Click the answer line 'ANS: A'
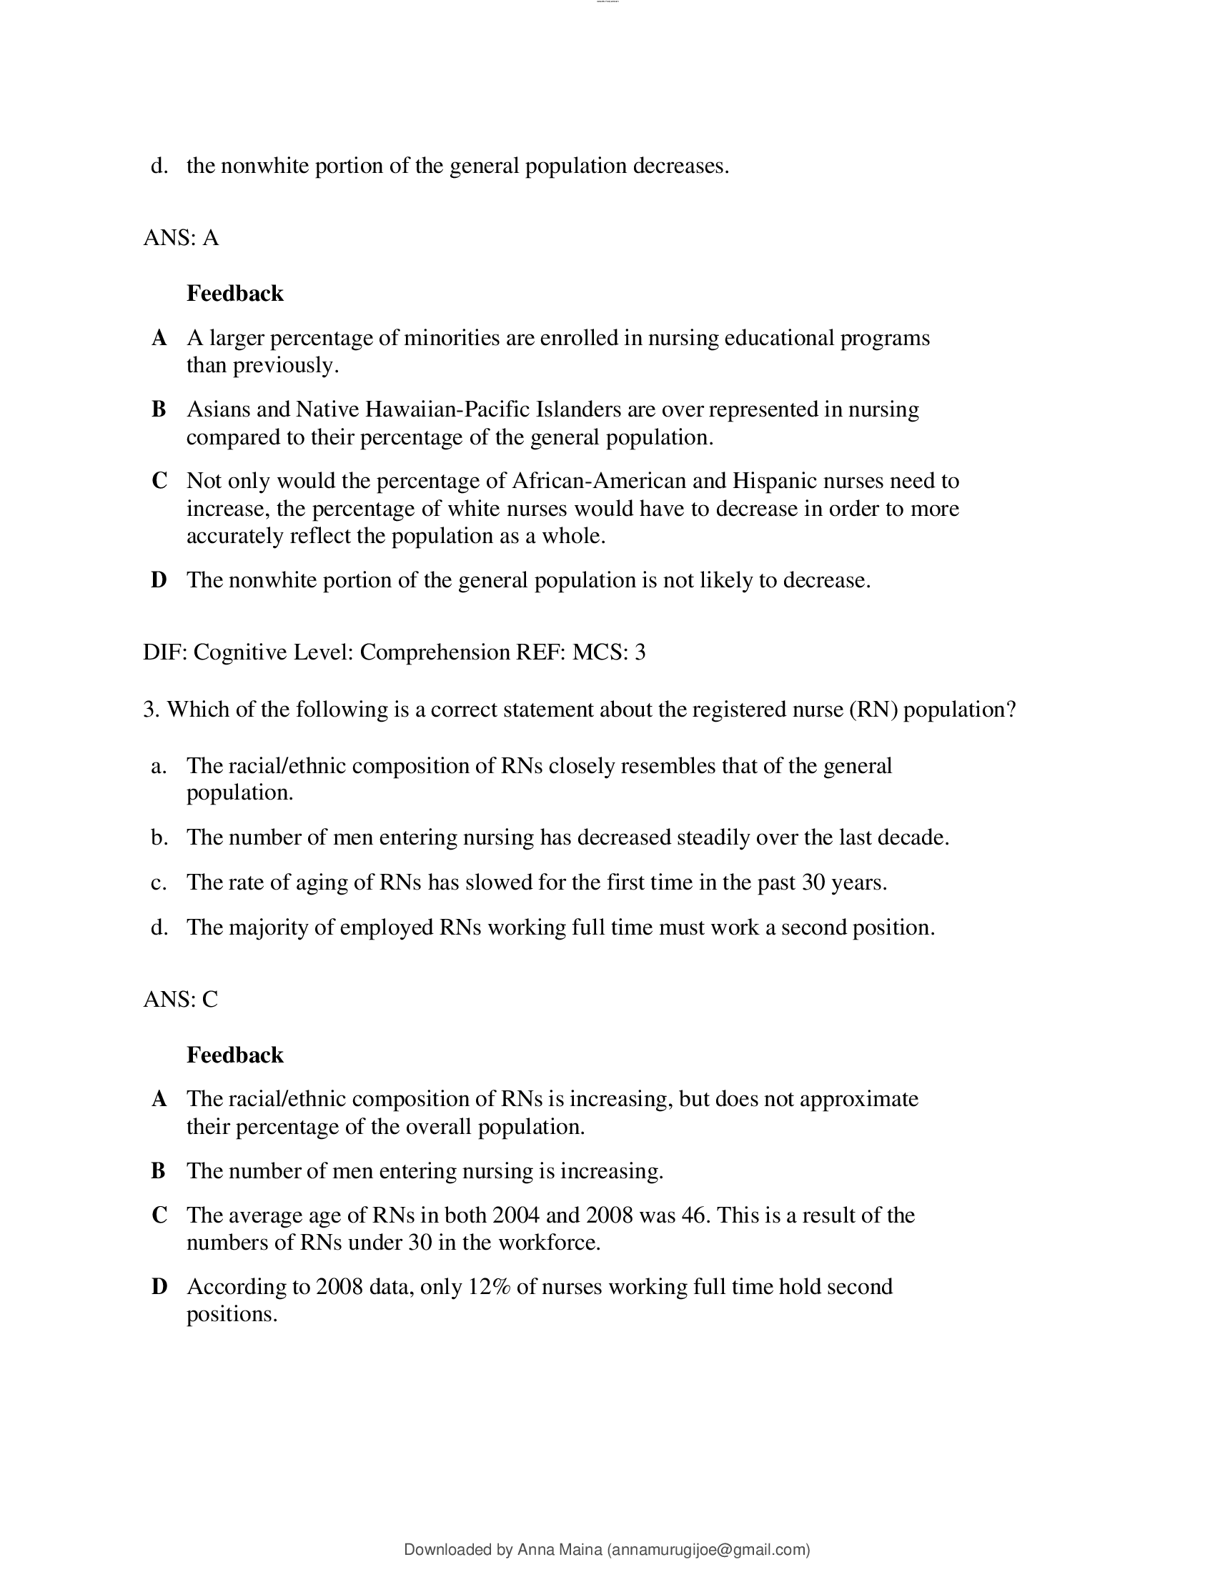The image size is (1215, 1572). point(181,237)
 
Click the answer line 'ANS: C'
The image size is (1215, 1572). point(181,999)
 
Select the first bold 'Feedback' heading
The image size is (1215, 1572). point(234,294)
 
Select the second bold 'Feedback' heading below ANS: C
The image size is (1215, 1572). point(234,1055)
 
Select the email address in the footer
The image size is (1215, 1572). point(709,1549)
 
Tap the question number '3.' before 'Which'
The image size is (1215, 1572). point(151,710)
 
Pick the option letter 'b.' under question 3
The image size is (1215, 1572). point(159,838)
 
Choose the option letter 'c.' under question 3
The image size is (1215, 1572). point(159,882)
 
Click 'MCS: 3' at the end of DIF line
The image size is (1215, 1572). point(609,652)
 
